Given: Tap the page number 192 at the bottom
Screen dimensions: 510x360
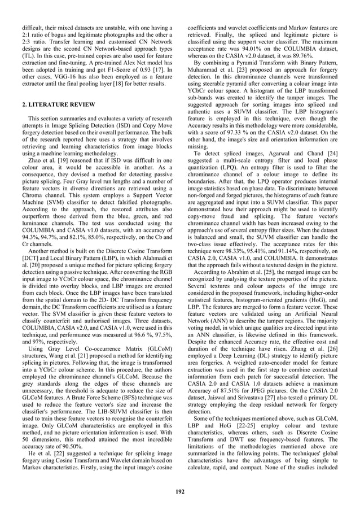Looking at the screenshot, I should pyautogui.click(x=179, y=491).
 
